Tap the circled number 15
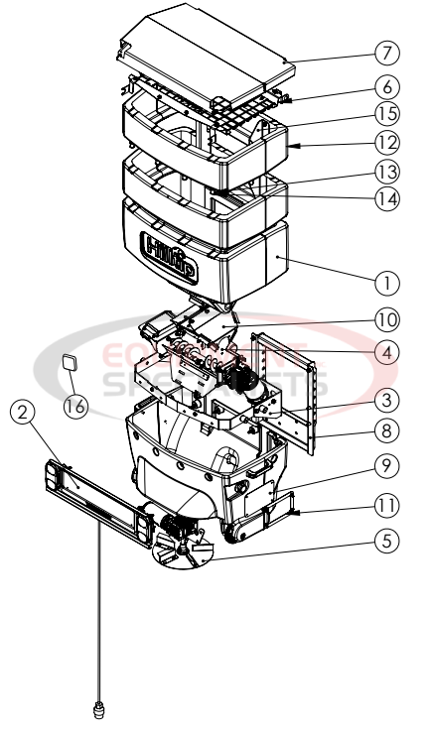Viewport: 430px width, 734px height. point(388,114)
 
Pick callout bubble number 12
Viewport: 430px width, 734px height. point(388,142)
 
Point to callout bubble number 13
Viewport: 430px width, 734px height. point(388,171)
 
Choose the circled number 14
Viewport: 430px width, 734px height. point(388,197)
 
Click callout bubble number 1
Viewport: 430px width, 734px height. point(388,282)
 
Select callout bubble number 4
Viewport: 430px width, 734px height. point(388,350)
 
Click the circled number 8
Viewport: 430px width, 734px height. point(388,431)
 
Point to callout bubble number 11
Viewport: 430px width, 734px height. point(388,506)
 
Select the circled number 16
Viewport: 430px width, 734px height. point(75,405)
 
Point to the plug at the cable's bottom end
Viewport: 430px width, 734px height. point(98,709)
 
